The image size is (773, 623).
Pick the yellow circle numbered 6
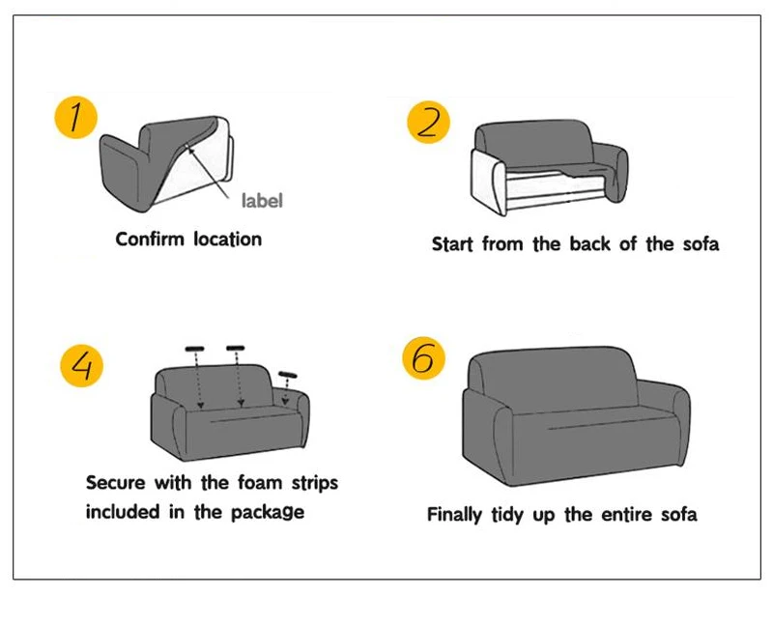click(424, 359)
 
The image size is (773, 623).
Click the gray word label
click(262, 201)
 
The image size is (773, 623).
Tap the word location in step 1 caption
click(227, 239)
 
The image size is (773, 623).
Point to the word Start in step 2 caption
click(452, 244)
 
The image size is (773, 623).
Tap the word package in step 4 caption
click(267, 513)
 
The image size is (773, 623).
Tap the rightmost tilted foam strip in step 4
click(287, 375)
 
